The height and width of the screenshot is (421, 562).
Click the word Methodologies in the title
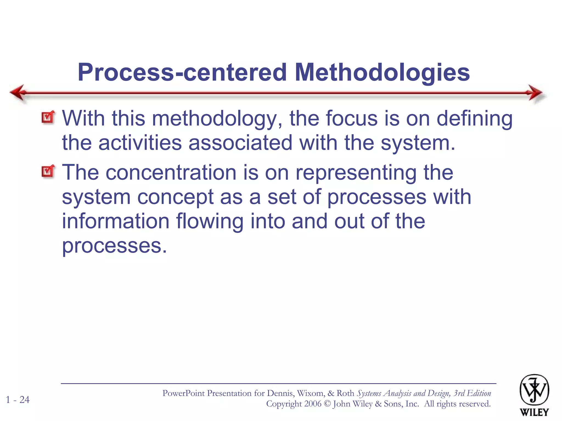[382, 72]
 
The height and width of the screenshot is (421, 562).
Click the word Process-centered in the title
[182, 72]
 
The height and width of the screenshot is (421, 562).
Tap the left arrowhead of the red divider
[18, 92]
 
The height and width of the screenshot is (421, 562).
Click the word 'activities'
[140, 143]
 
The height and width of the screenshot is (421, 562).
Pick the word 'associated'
[240, 143]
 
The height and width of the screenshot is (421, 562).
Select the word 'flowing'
[210, 221]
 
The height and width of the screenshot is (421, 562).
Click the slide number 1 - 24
[18, 400]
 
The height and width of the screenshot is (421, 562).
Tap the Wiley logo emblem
[534, 390]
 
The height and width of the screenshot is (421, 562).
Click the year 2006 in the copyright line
[313, 404]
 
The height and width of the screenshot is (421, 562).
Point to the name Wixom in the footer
[311, 393]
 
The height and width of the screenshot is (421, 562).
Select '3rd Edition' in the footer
[472, 393]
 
